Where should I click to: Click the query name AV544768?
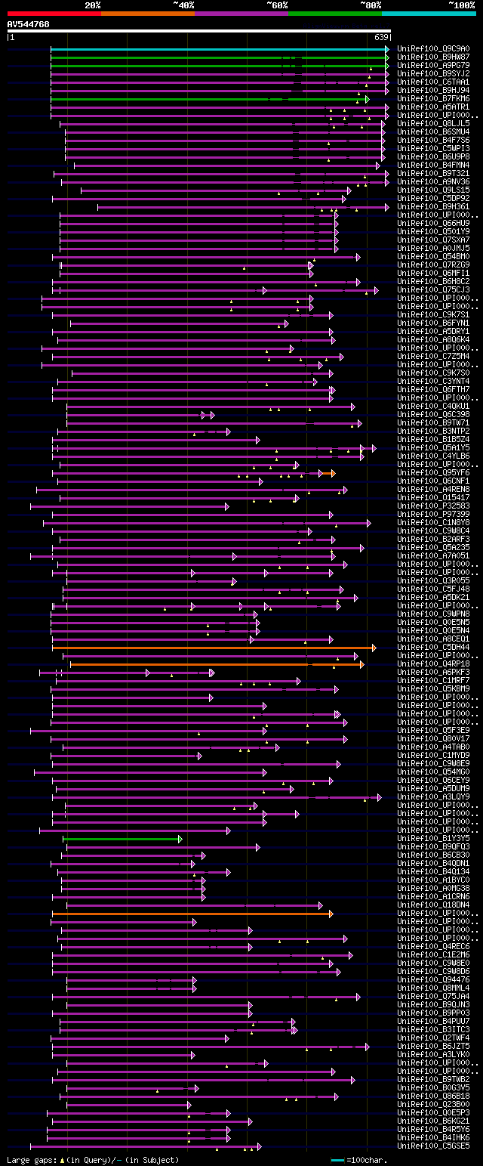pos(29,24)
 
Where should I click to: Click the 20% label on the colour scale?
pos(92,5)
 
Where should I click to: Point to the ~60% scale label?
pos(277,5)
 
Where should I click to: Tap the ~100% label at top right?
pos(462,5)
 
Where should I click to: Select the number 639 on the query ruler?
pos(381,37)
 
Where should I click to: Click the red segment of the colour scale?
pos(53,13)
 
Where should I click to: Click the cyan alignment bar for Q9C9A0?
pos(219,48)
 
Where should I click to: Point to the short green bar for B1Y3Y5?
pos(122,839)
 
